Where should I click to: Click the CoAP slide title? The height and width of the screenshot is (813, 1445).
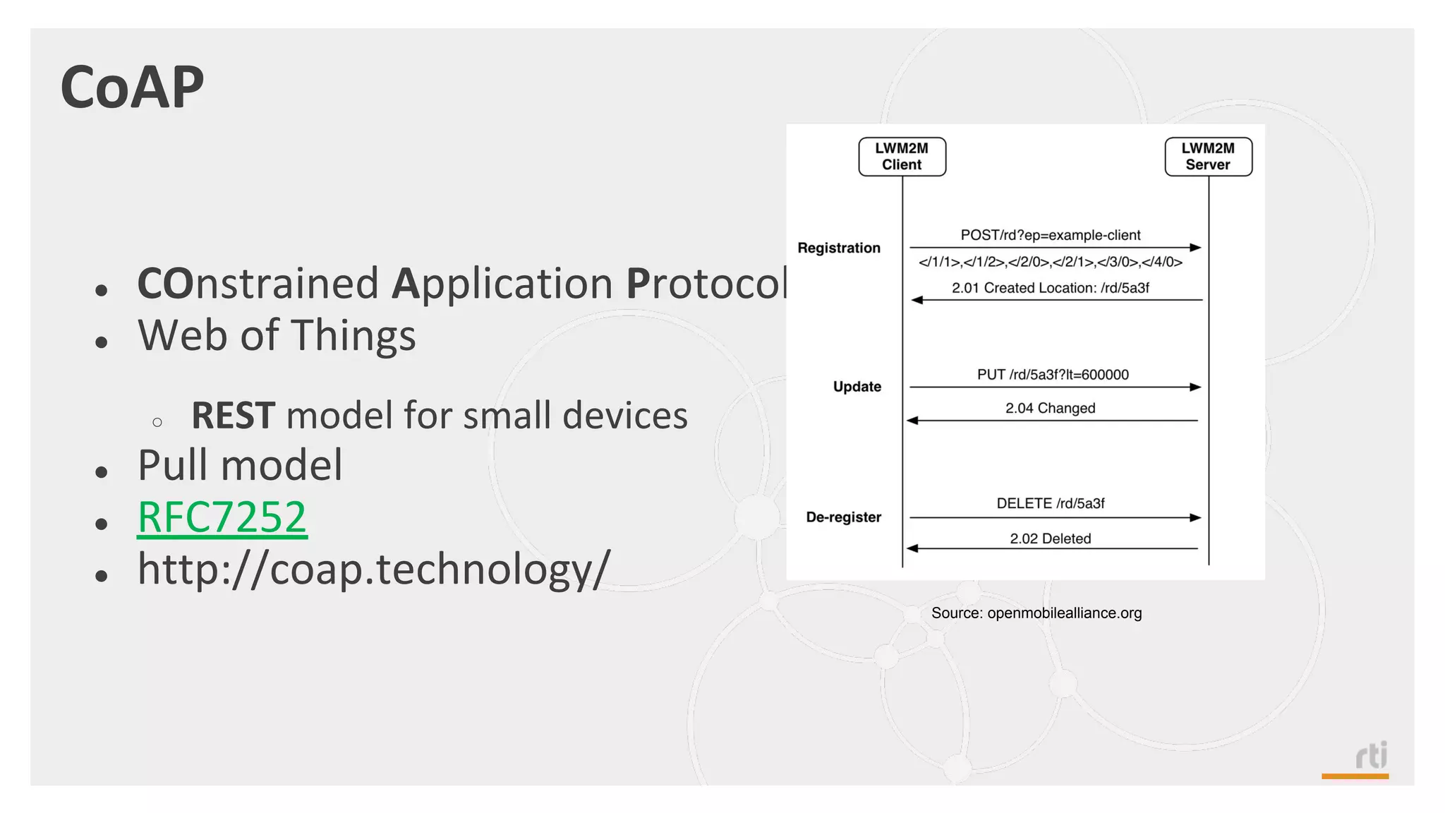click(132, 88)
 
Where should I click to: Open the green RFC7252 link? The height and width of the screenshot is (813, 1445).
click(222, 517)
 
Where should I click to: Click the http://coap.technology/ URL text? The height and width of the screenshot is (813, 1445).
click(373, 569)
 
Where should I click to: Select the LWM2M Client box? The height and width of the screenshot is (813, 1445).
click(902, 157)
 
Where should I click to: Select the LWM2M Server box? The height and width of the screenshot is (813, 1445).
click(1208, 157)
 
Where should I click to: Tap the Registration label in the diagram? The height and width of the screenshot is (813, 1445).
click(839, 248)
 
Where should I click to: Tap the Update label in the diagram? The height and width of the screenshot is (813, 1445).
click(857, 387)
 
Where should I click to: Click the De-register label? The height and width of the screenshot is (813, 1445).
click(843, 517)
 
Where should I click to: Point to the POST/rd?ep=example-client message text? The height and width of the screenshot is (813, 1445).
click(1050, 235)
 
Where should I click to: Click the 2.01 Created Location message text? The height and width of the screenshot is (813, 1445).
click(1050, 288)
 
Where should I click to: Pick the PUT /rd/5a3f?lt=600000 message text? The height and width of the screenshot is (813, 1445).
click(1052, 375)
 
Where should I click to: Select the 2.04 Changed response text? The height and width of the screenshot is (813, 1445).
click(1050, 408)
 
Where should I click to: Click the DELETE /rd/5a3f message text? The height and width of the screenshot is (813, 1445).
click(1050, 503)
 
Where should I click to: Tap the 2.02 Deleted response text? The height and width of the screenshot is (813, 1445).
click(1050, 538)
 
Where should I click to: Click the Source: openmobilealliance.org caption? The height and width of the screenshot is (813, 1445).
click(1036, 613)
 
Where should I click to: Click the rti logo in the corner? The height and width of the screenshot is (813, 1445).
click(1371, 757)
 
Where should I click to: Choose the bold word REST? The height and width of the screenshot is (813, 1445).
click(233, 416)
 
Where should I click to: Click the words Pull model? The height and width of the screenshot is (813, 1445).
click(240, 466)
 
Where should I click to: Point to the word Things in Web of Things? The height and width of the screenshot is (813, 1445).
click(353, 335)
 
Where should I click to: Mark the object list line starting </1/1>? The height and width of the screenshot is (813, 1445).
click(1050, 262)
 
